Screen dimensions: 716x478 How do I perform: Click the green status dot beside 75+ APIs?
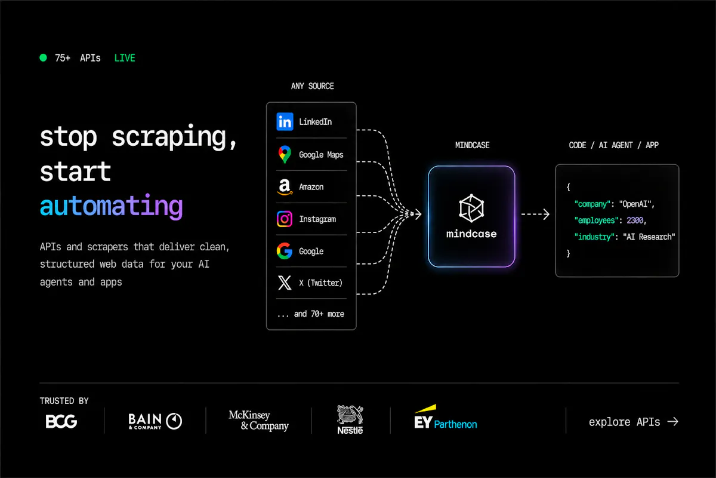click(43, 57)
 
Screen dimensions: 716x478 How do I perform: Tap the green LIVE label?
click(125, 58)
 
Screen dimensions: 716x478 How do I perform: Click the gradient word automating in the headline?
click(111, 207)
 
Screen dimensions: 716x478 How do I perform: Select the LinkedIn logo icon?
click(285, 122)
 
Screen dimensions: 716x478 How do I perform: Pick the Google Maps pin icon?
click(285, 154)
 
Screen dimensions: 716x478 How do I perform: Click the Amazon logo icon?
click(285, 186)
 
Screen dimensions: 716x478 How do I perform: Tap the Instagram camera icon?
click(285, 219)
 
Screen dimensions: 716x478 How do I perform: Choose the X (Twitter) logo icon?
click(285, 283)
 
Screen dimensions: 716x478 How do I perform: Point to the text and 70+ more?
click(319, 314)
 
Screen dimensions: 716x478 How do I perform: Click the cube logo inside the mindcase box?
click(471, 208)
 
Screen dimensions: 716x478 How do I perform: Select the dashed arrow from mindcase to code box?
click(535, 214)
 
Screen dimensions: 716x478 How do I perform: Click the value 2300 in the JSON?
click(635, 220)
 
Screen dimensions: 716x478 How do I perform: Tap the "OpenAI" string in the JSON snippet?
click(635, 204)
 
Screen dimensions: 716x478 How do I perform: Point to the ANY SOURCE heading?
click(312, 86)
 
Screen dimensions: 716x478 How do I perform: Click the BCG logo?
click(61, 421)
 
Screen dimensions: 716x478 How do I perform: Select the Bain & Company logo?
click(155, 421)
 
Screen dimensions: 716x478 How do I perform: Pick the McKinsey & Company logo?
click(258, 421)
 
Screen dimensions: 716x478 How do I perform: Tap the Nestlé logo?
click(350, 419)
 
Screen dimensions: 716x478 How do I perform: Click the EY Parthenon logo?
click(446, 417)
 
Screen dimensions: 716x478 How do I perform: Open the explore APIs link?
click(634, 422)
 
